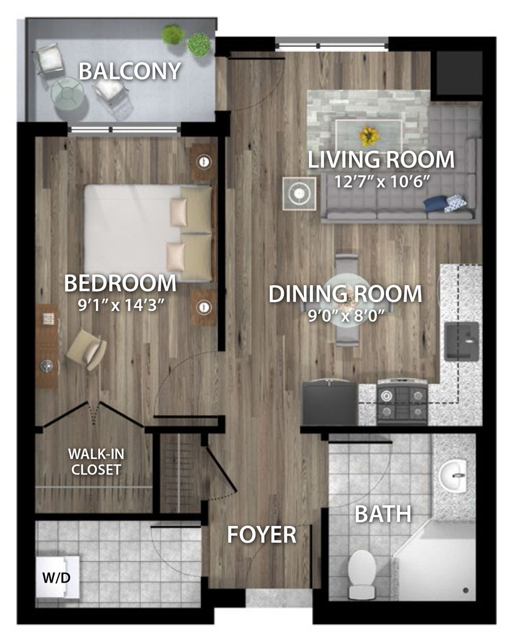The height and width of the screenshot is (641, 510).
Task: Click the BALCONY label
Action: coord(130,71)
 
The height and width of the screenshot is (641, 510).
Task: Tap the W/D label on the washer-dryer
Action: coord(57,577)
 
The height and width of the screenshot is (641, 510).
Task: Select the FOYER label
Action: coord(262,534)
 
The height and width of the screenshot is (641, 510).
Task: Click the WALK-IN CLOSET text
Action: coord(96,461)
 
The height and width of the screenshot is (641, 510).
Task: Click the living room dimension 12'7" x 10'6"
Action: coord(381,181)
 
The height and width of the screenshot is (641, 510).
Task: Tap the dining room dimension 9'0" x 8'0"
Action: coord(346,315)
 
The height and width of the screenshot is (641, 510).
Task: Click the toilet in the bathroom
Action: coord(362,573)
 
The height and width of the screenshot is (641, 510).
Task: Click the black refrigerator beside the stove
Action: coord(329,402)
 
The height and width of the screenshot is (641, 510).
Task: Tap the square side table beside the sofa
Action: coord(299,193)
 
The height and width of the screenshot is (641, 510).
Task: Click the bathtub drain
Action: coord(465,591)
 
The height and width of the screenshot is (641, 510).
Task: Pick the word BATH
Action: coord(383,514)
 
